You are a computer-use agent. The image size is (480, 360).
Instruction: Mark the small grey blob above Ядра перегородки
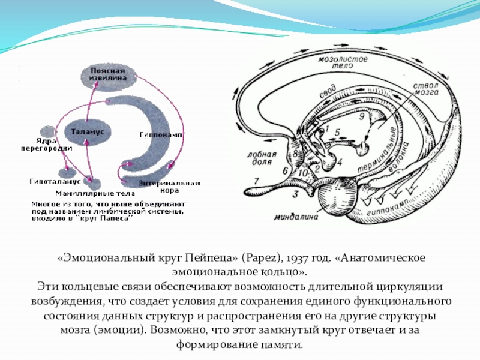tap(46, 131)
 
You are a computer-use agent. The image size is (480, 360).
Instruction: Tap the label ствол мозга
tap(425, 92)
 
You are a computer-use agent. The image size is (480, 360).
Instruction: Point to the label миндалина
tap(295, 217)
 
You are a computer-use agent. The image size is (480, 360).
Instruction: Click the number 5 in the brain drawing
tap(337, 132)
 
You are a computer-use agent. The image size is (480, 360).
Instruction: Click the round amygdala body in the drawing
tap(335, 195)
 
